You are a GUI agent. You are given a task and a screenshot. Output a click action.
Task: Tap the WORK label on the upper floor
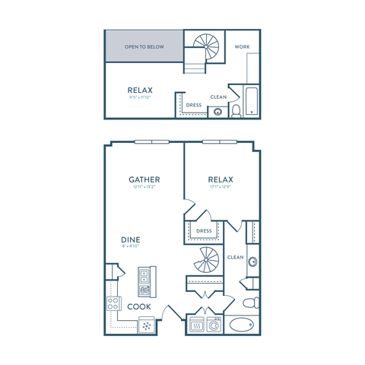[x=243, y=46]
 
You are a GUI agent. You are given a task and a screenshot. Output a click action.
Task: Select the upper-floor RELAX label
[x=140, y=90]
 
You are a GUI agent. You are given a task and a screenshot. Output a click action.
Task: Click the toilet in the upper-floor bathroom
[x=236, y=111]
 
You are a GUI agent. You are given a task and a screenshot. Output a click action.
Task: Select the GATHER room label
[x=144, y=179]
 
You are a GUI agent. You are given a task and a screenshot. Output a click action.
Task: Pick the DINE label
[x=130, y=240]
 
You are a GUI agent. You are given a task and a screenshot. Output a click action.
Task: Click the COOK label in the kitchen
[x=138, y=306]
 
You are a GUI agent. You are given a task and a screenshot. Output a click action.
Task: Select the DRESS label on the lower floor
[x=203, y=231]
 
